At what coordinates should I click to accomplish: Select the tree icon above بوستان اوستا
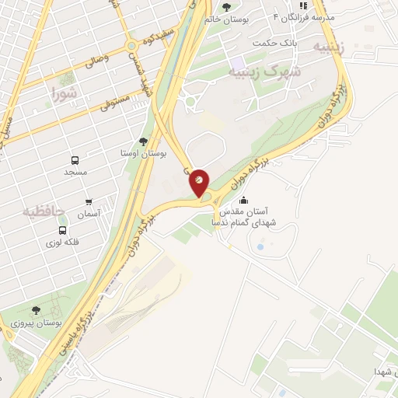pos(143,141)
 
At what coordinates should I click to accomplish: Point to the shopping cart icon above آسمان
pos(89,201)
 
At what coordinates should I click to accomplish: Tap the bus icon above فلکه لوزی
pos(62,230)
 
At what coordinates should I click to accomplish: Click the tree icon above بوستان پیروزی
pos(36,309)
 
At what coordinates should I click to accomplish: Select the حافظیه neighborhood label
pos(42,211)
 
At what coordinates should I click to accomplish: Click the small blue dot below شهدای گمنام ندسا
pos(260,247)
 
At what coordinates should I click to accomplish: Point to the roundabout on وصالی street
pos(133,47)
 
